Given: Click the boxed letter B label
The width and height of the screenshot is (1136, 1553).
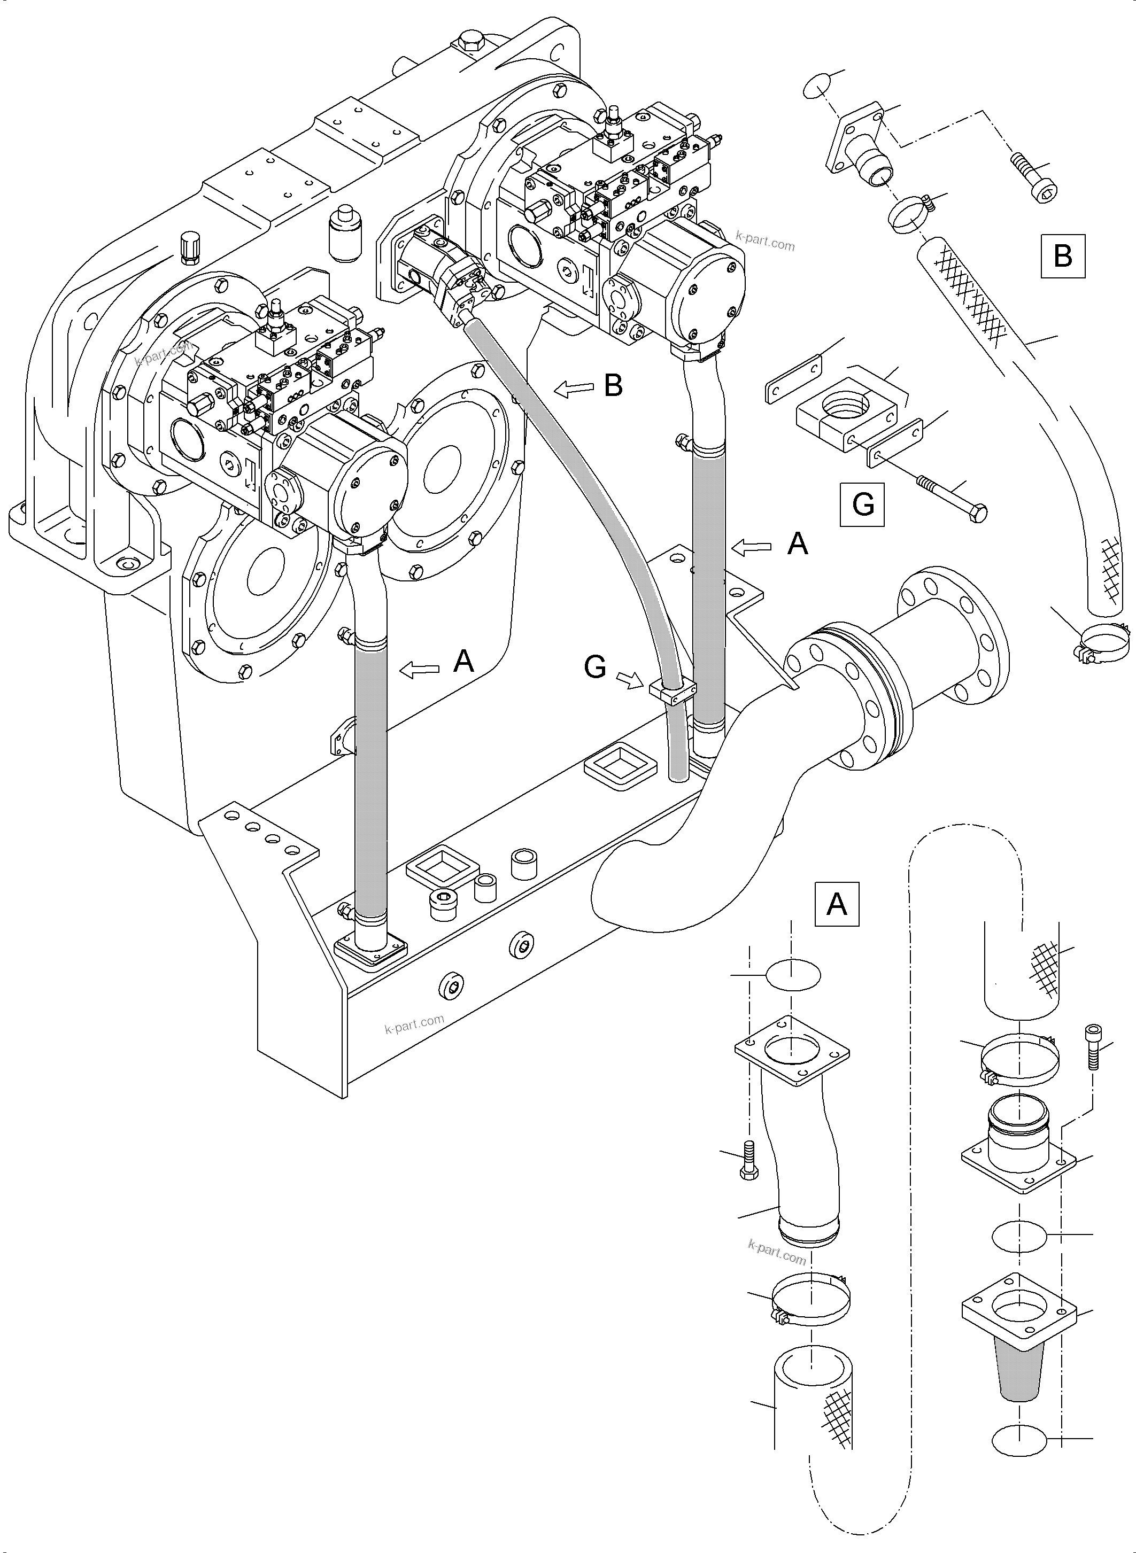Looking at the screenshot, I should click(1062, 257).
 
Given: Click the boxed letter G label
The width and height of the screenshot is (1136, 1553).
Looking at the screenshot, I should click(862, 504).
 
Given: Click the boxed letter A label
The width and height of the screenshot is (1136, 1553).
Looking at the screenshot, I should click(836, 904).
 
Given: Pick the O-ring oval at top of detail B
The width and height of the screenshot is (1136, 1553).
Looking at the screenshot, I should click(816, 87).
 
